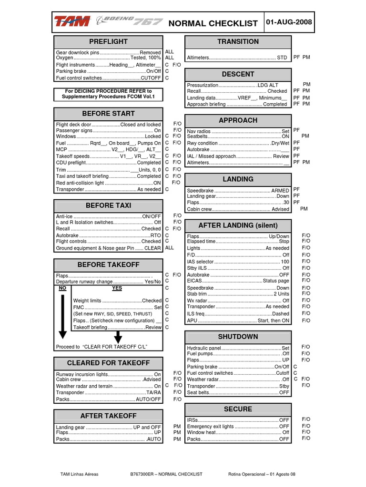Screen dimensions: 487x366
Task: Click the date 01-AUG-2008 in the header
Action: pyautogui.click(x=292, y=22)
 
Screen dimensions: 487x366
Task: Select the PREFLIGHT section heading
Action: pyautogui.click(x=108, y=42)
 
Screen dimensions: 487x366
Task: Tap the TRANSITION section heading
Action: pyautogui.click(x=238, y=42)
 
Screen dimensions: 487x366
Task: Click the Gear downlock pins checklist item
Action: pyautogui.click(x=108, y=52)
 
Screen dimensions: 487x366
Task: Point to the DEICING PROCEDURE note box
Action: pyautogui.click(x=108, y=94)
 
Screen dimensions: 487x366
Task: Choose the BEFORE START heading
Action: pyautogui.click(x=108, y=114)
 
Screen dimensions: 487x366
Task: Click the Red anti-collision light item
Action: pyautogui.click(x=108, y=183)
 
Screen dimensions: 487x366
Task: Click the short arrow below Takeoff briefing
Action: pyautogui.click(x=118, y=337)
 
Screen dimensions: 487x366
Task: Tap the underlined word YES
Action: pyautogui.click(x=117, y=288)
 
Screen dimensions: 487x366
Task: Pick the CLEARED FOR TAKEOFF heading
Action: pyautogui.click(x=108, y=363)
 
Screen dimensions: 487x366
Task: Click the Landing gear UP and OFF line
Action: pyautogui.click(x=108, y=427)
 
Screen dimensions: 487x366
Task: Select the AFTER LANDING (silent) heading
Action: pyautogui.click(x=238, y=225)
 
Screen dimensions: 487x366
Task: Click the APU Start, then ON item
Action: pyautogui.click(x=238, y=321)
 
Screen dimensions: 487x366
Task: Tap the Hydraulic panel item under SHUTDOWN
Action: pyautogui.click(x=238, y=348)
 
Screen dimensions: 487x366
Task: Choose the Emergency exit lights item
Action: pyautogui.click(x=238, y=427)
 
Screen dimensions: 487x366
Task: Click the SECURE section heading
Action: pyautogui.click(x=238, y=409)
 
